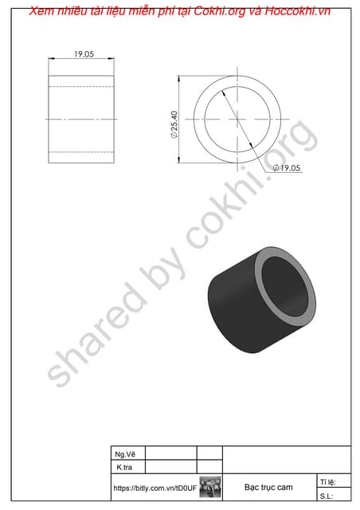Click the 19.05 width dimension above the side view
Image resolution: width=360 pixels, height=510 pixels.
(84, 54)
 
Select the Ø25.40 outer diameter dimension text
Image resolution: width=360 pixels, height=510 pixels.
(174, 126)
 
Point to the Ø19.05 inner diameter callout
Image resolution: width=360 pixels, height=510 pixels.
(288, 169)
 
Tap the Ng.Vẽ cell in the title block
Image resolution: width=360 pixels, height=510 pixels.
(126, 453)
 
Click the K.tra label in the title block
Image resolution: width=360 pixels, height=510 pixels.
(125, 467)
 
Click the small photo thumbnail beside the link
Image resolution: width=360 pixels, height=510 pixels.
(210, 487)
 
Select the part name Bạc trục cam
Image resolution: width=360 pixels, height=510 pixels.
(268, 487)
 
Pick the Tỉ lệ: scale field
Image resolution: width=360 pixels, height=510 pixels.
(327, 482)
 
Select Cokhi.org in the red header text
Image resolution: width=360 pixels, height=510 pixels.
(217, 10)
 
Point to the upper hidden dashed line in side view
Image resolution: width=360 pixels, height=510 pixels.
(81, 86)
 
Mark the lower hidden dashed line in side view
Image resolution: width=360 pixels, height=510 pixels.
(81, 152)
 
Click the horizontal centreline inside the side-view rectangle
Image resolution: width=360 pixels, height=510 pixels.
(81, 120)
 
